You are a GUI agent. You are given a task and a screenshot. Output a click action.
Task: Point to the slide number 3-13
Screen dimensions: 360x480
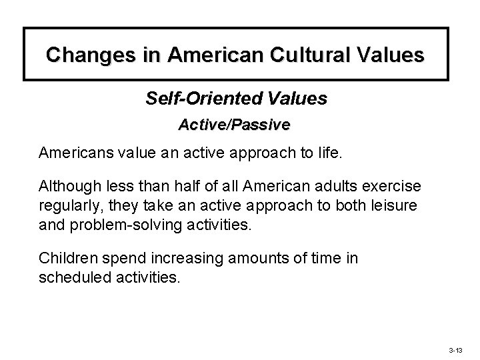(x=456, y=349)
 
